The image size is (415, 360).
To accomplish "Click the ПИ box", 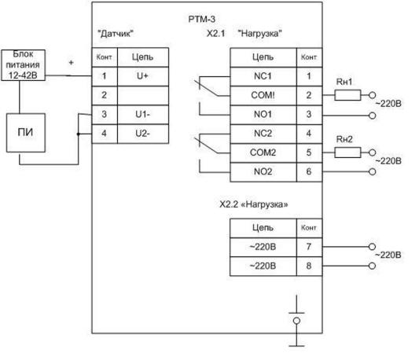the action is [26, 133].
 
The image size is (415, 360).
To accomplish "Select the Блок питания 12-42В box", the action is [24, 65].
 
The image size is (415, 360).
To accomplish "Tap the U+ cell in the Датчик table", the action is [143, 76].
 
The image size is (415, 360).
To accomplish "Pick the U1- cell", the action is [143, 115].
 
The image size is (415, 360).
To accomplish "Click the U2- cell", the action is [143, 134].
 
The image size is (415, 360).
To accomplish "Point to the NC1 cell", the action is [263, 76].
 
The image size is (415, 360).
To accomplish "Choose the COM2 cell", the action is [263, 153].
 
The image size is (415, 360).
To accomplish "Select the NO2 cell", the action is [263, 172].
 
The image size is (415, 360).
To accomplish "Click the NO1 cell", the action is [263, 115].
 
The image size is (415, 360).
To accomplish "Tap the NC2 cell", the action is [263, 134].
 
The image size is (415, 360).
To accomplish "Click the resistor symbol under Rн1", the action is [347, 95].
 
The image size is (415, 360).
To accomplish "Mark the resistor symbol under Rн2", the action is [347, 152].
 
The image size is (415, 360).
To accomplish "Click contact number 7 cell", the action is [309, 248].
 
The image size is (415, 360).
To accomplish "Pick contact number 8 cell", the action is [309, 266].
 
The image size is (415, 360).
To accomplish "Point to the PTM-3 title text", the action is [202, 19].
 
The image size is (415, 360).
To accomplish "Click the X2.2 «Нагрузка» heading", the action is [254, 204].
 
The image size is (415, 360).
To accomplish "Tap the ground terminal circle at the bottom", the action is [296, 321].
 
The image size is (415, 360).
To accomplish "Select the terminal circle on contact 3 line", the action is [373, 116].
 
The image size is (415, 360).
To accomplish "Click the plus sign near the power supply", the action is [71, 63].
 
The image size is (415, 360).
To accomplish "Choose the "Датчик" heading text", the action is [116, 34].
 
